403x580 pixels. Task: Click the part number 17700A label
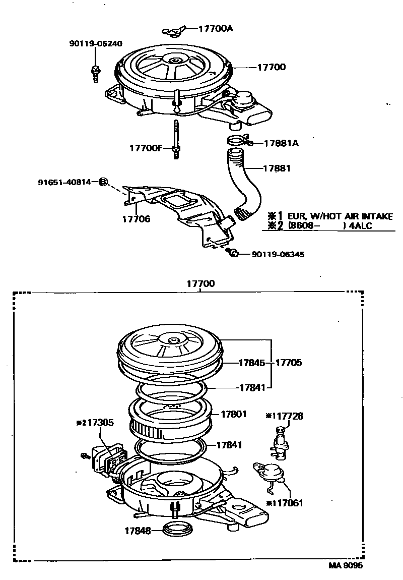point(216,29)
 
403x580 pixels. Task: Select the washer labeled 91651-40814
point(103,182)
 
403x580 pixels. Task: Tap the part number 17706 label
point(136,219)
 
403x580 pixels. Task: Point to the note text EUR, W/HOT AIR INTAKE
point(340,216)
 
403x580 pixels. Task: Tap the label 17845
point(253,363)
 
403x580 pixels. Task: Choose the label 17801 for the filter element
point(234,414)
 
